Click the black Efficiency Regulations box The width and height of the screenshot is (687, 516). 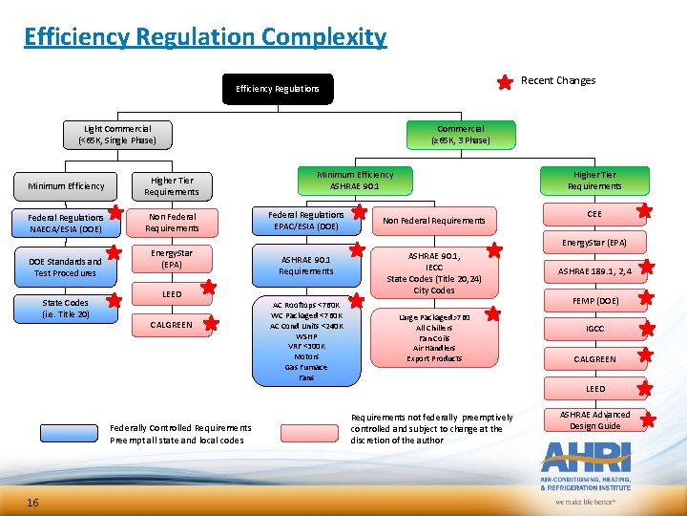278,89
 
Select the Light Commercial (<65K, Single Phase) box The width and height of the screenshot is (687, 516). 116,135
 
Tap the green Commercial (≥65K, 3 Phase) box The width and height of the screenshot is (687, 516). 461,135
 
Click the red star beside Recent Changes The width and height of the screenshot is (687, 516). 505,82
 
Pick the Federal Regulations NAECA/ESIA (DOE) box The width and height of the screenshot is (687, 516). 66,223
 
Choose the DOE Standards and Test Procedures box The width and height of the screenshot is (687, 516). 66,267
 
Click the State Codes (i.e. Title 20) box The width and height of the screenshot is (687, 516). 66,309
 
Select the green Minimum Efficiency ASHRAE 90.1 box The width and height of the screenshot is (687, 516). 355,181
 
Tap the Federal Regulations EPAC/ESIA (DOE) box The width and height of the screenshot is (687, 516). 305,222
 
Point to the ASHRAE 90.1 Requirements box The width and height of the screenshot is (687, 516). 305,265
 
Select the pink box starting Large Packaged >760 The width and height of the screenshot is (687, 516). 434,337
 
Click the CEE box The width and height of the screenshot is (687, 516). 594,215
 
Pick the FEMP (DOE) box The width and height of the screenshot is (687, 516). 594,300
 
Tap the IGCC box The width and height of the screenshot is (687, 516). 594,330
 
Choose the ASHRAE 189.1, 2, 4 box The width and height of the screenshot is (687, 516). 594,270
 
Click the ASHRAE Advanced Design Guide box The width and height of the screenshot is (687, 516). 594,419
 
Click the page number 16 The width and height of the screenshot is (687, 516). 32,503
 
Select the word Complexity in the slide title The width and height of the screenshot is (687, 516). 320,37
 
